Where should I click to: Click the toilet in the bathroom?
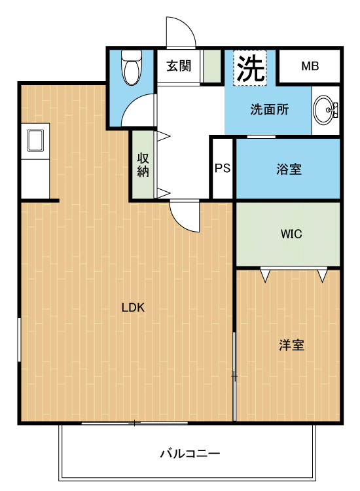[x=131, y=67]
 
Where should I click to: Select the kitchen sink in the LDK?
[x=35, y=141]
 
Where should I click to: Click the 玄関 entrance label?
[x=179, y=66]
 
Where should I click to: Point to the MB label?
[x=310, y=66]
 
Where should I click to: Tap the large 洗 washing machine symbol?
[x=250, y=68]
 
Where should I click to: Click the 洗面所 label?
[x=269, y=109]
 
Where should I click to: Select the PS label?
[x=223, y=168]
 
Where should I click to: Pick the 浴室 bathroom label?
[x=289, y=169]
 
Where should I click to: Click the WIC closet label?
[x=291, y=234]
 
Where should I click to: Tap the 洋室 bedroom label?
[x=291, y=345]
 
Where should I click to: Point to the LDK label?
[x=133, y=308]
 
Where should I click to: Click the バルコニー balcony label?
[x=190, y=454]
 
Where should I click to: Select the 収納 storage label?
[x=143, y=166]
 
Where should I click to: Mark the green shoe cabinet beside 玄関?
[x=212, y=66]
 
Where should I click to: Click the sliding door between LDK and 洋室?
[x=234, y=376]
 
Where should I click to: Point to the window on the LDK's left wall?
[x=19, y=340]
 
